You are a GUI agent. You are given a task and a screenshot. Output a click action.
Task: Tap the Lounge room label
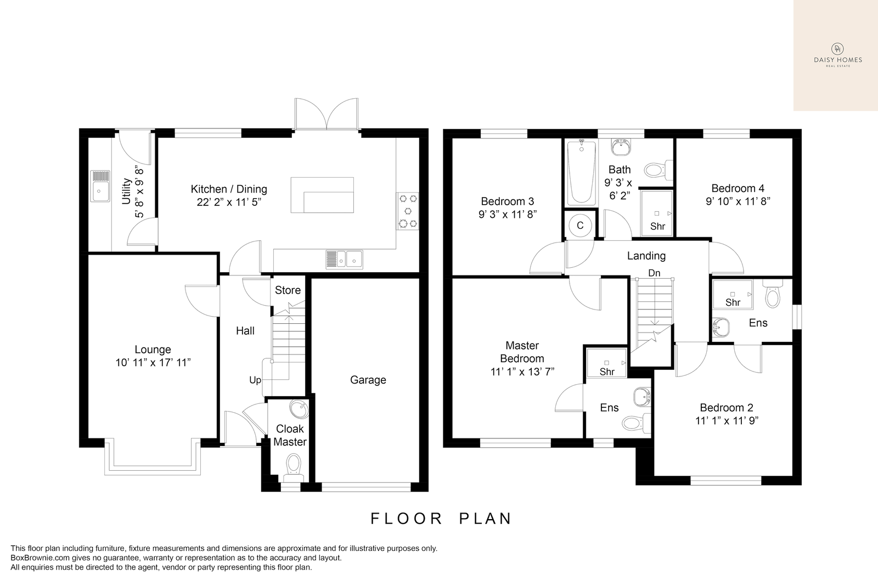click(x=153, y=350)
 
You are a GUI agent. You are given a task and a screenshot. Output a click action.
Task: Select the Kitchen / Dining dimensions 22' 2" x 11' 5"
click(x=229, y=202)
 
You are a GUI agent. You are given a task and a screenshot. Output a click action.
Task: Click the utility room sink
click(x=100, y=186)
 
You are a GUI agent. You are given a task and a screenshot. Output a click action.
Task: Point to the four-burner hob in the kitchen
click(x=408, y=211)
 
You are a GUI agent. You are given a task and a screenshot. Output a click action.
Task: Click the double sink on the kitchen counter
click(x=344, y=260)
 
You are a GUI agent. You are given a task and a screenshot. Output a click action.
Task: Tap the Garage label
click(x=368, y=380)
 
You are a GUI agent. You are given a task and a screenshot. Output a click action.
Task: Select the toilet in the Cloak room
click(x=294, y=468)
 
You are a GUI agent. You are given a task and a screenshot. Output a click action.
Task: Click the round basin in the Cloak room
click(x=299, y=409)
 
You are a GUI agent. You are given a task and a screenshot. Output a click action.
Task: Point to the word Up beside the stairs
click(x=255, y=380)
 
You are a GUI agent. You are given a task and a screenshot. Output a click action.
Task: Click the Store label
click(x=288, y=290)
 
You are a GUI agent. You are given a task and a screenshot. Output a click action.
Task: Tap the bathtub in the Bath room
click(x=582, y=172)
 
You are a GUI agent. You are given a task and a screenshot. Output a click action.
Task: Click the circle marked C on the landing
click(x=580, y=226)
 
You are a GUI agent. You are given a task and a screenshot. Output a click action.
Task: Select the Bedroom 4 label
click(x=738, y=189)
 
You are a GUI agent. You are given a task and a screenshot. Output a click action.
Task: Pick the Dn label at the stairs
click(x=654, y=273)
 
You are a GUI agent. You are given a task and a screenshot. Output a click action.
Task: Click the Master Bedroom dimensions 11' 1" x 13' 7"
click(x=522, y=372)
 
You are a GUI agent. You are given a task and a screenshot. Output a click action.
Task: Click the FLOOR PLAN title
click(x=441, y=519)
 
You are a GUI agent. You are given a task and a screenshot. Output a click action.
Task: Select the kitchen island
click(x=322, y=195)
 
